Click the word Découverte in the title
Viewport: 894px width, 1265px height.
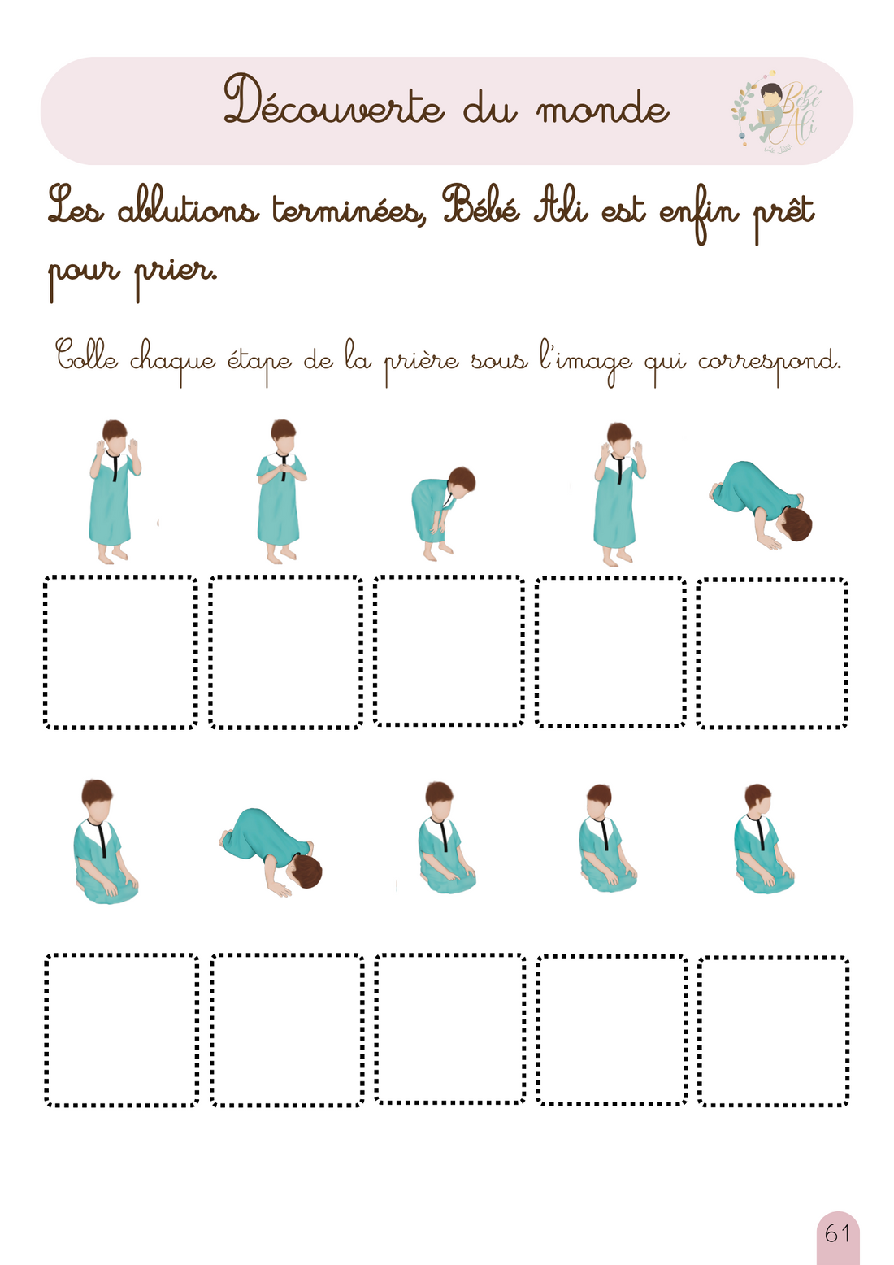point(333,103)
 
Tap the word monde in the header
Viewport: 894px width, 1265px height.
point(602,109)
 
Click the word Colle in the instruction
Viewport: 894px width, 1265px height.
point(87,357)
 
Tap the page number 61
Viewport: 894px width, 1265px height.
point(837,1234)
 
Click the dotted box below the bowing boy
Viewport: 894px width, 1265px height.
point(449,650)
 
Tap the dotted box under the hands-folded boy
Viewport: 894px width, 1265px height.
point(285,652)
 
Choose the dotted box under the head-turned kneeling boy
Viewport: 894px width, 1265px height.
point(773,1030)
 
